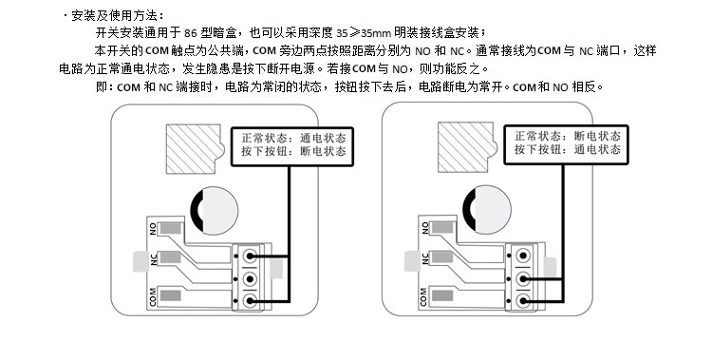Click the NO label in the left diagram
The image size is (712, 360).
(153, 229)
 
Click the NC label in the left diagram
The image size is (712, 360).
(154, 259)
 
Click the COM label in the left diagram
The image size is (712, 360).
(153, 296)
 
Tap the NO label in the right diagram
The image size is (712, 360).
(425, 228)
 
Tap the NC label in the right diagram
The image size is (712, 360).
(425, 258)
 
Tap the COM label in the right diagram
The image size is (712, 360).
(423, 296)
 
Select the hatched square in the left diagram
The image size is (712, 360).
(195, 149)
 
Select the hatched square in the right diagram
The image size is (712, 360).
(466, 147)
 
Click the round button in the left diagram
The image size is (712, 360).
(214, 211)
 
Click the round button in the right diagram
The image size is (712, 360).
(487, 210)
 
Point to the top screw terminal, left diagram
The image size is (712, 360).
(249, 256)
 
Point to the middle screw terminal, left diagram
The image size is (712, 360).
(249, 278)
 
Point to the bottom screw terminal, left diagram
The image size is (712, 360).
(249, 300)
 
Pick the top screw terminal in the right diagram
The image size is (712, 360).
(523, 256)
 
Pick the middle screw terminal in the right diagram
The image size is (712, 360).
(523, 277)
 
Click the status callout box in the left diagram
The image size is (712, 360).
(292, 146)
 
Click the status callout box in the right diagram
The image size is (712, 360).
(566, 144)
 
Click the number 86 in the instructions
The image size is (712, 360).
(191, 33)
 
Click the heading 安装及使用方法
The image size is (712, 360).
(115, 16)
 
